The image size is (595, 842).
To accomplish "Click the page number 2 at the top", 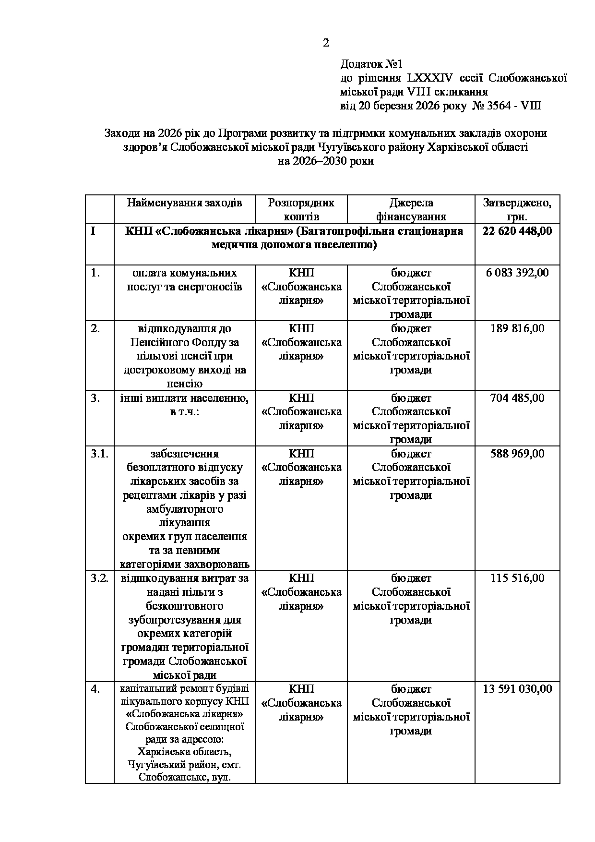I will pos(326,43).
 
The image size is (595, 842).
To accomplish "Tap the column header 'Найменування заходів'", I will pos(184,203).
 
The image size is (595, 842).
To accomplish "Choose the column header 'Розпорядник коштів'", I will pos(301,209).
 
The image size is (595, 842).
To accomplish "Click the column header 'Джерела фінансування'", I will pos(411,209).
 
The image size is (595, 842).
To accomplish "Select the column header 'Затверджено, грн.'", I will pos(517,209).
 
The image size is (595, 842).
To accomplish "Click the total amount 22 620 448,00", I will pos(517,231).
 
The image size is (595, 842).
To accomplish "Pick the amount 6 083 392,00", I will pos(517,273).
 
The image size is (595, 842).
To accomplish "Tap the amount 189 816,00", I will pos(517,328).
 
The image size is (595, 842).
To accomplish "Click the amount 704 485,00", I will pos(517,398).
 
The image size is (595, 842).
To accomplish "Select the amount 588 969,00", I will pos(517,454).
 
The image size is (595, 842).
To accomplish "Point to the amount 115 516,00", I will pos(517,578).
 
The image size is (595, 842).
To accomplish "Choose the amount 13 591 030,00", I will pos(517,689).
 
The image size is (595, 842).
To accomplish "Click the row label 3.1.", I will pos(100,454).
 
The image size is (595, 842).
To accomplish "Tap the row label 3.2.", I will pos(100,578).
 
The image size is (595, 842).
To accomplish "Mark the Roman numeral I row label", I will pos(93,231).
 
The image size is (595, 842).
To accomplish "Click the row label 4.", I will pos(95,689).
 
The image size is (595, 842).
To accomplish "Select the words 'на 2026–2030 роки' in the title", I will pos(325,161).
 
